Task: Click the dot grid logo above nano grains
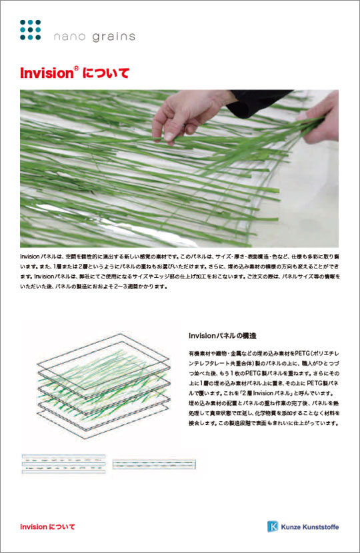[x=31, y=31]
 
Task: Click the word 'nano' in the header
[x=69, y=37]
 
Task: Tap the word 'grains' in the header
[x=111, y=37]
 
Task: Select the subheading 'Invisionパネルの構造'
[x=223, y=335]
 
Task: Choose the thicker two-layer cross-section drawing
[x=63, y=464]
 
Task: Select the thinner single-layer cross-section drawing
[x=153, y=463]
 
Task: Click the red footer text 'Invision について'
[x=47, y=526]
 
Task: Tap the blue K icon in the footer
[x=273, y=526]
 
